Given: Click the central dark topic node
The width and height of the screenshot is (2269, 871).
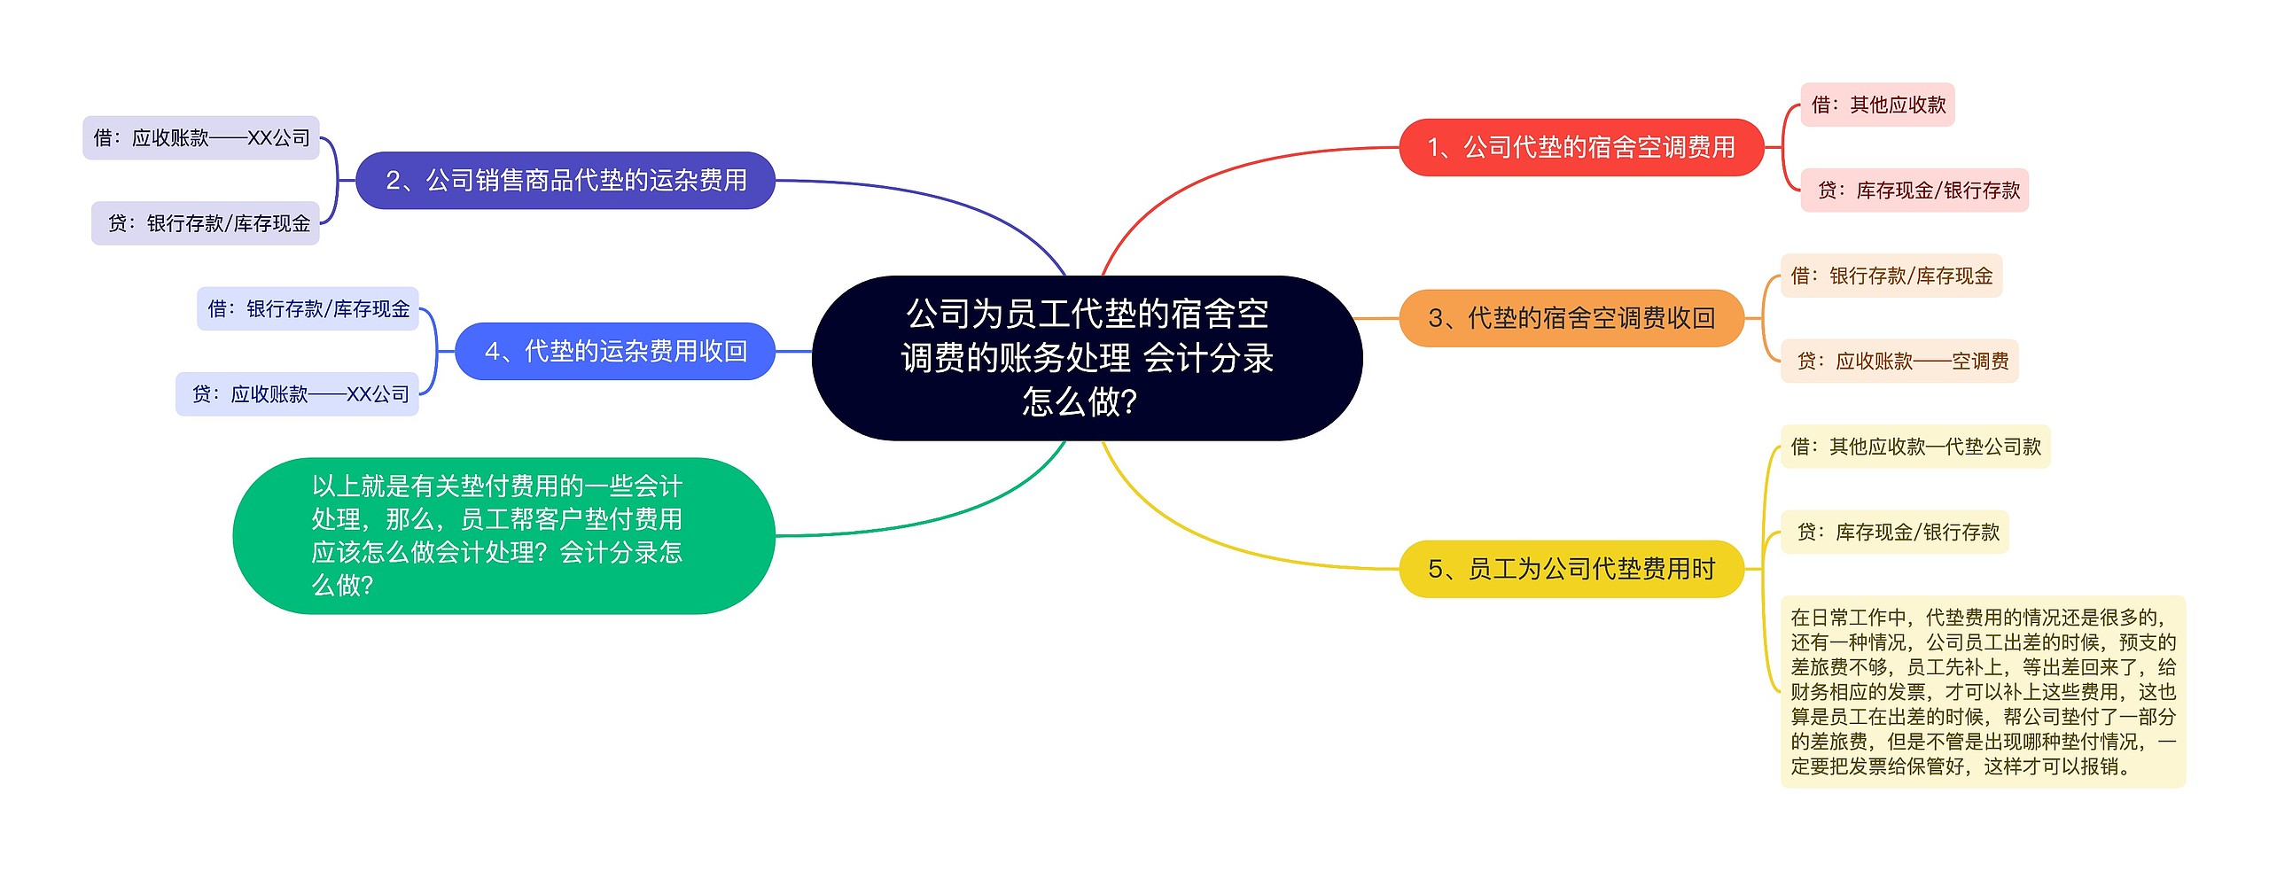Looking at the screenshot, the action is click(x=1087, y=358).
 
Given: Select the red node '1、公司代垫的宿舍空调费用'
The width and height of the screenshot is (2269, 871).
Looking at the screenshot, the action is click(x=1581, y=147).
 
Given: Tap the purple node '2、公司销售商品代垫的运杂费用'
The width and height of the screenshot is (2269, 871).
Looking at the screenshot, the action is click(x=565, y=181).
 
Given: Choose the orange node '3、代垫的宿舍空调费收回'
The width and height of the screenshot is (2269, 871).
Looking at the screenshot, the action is click(x=1571, y=318).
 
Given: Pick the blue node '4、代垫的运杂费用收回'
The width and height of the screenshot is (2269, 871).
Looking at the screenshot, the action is click(x=615, y=352).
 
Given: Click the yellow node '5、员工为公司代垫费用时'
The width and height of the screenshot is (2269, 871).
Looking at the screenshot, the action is click(x=1571, y=569).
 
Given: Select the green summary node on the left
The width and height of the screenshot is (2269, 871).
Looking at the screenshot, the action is click(x=503, y=536).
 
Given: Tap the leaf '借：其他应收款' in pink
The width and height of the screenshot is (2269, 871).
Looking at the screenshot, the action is click(x=1877, y=105).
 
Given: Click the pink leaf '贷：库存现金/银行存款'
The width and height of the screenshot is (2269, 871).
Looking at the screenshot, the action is click(x=1914, y=191).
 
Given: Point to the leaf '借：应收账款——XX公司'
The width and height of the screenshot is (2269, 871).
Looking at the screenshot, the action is click(x=201, y=138).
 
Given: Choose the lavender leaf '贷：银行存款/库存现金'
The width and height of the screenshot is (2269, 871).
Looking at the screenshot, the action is click(x=206, y=223).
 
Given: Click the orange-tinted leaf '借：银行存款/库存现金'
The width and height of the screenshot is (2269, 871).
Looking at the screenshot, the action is click(x=1891, y=276).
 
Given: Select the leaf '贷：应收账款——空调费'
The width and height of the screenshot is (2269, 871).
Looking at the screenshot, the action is click(x=1899, y=362).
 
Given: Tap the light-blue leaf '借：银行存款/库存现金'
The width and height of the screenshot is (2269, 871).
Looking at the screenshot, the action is click(x=308, y=308).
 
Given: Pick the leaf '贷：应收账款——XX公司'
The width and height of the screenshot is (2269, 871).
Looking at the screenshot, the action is click(x=297, y=394).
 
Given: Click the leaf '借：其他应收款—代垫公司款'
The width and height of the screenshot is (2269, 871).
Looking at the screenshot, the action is click(x=1915, y=447).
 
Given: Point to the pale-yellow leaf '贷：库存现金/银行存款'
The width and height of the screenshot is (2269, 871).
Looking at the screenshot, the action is click(x=1895, y=533).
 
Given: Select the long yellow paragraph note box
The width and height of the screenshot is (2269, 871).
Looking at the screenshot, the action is click(x=1984, y=692).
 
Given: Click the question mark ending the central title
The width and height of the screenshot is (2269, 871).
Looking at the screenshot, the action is click(x=1129, y=402).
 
